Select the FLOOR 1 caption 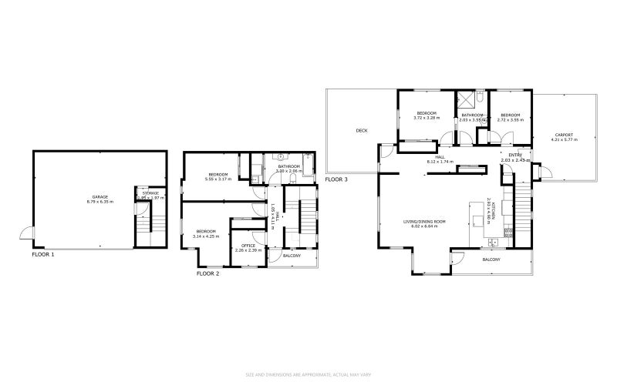[x=43, y=253]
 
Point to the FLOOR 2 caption [x=208, y=273]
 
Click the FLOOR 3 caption [x=336, y=179]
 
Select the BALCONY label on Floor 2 [x=292, y=256]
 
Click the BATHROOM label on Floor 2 [x=289, y=166]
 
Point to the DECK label [x=362, y=130]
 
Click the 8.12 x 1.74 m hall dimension [x=440, y=162]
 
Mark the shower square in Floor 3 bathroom [x=465, y=100]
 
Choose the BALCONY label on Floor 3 [x=491, y=259]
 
